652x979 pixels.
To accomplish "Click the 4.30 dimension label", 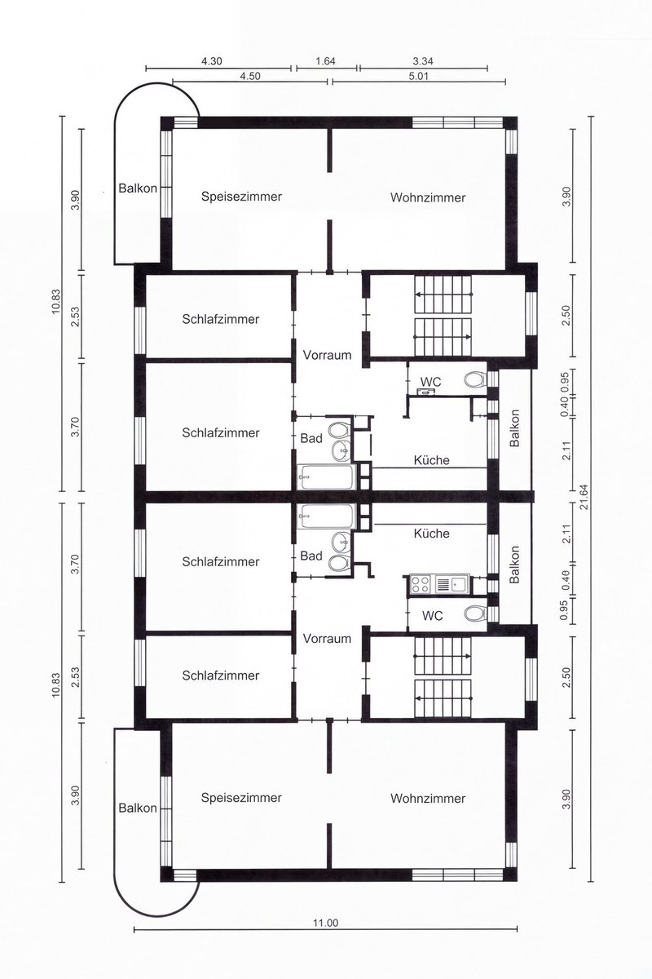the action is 211,61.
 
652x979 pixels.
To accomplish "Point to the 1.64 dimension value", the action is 326,61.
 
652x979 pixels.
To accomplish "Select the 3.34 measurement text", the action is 423,61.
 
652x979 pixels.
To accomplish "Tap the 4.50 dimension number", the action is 249,76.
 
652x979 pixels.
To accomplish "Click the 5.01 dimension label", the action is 419,76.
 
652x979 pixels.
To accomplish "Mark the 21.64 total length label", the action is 584,498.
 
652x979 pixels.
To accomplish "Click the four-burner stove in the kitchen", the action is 420,584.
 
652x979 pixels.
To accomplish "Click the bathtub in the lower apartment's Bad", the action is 326,516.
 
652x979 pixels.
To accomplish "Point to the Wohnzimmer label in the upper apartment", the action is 428,197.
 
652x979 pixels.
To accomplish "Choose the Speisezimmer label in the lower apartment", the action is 241,798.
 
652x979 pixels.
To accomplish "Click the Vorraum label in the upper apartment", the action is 327,355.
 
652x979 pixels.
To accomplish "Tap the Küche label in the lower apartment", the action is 431,534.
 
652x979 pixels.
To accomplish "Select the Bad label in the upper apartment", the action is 311,438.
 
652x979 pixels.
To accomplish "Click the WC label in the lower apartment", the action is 432,616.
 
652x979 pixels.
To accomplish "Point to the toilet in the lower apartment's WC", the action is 475,614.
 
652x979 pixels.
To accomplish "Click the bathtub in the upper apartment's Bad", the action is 327,476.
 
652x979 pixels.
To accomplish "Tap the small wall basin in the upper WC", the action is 425,392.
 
